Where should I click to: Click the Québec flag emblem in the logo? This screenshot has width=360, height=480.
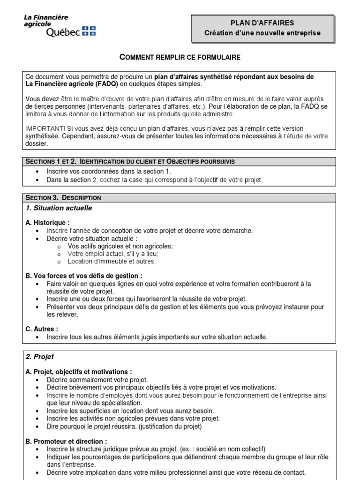click(89, 31)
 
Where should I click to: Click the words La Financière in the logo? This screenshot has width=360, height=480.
click(46, 17)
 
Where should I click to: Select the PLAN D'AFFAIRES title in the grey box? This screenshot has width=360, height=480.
click(262, 22)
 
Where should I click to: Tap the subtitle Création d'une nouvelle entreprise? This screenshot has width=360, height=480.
click(262, 33)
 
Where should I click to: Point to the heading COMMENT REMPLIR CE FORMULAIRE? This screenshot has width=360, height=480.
click(180, 57)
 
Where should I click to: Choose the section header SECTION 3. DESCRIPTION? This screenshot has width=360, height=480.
click(63, 198)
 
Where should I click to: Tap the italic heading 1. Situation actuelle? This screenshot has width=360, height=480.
click(59, 208)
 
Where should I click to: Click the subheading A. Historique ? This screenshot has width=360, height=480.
click(47, 223)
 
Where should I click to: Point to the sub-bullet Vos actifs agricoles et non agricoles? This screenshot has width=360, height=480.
click(120, 246)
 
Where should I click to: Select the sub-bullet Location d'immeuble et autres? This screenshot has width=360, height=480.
click(112, 261)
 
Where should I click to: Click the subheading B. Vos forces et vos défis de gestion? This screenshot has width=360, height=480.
click(84, 276)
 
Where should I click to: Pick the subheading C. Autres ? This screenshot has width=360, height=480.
click(42, 329)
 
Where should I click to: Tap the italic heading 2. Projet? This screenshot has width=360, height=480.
click(40, 357)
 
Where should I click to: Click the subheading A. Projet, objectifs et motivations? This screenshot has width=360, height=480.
click(79, 372)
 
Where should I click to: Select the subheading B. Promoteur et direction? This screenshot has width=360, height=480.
click(66, 441)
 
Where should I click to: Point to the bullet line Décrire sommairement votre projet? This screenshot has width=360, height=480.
click(97, 380)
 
